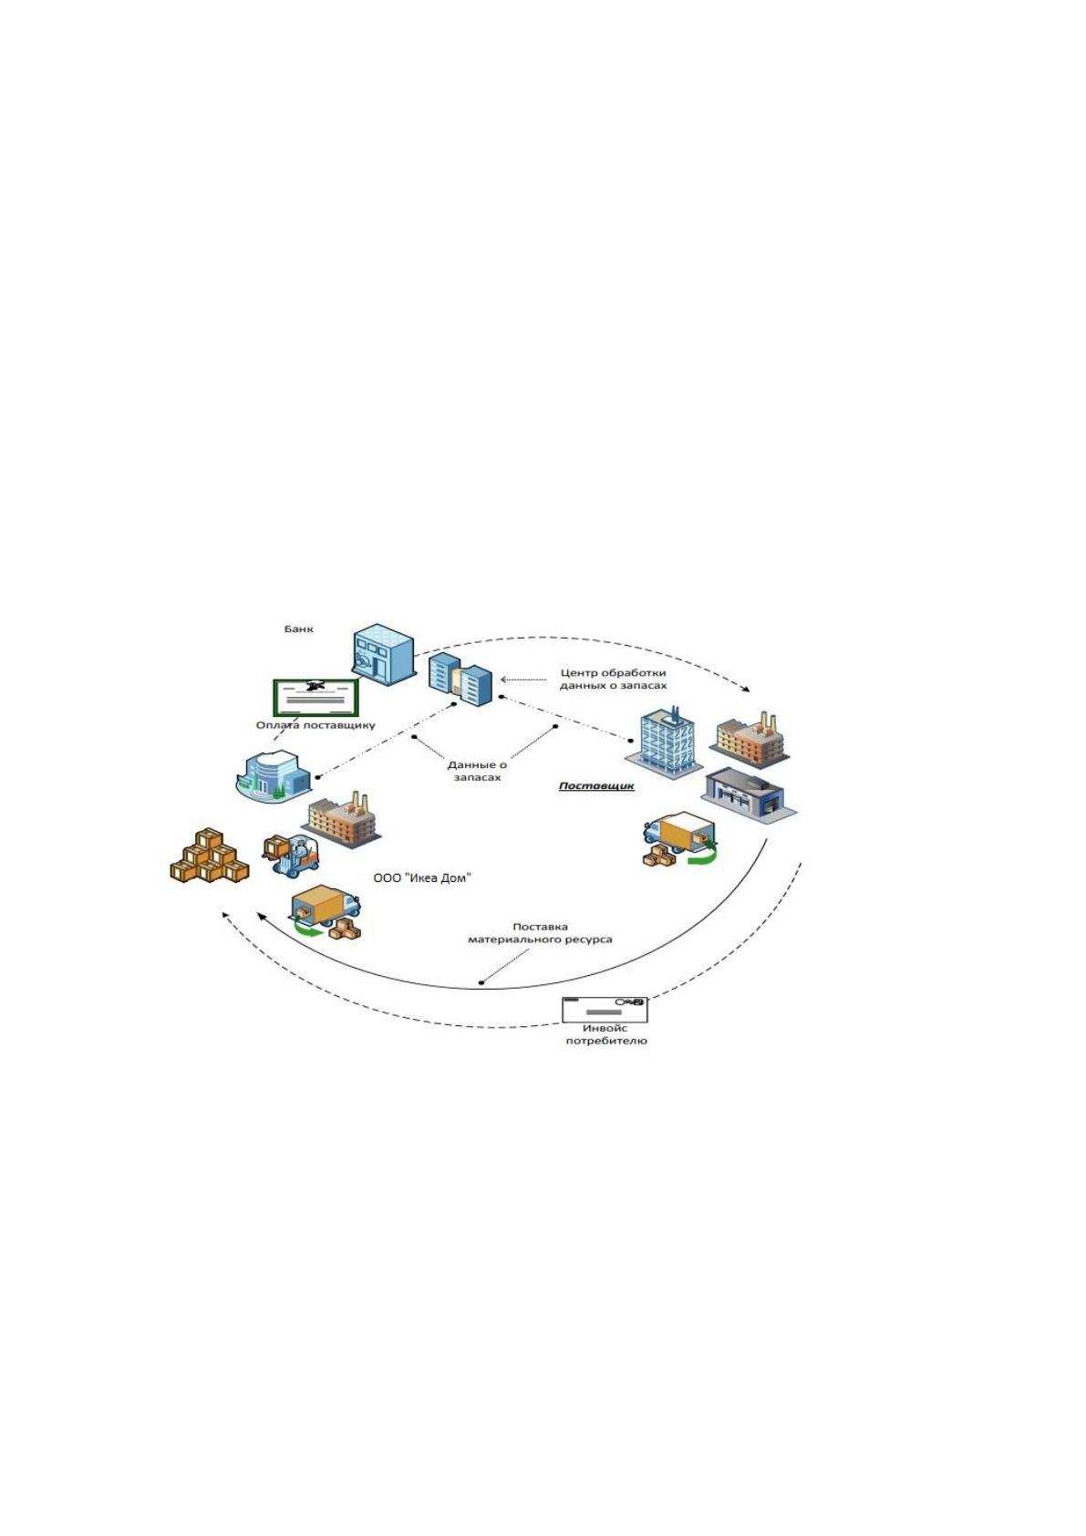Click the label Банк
pos(298,628)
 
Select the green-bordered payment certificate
pos(316,698)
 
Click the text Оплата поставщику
pos(315,725)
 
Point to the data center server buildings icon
pos(460,679)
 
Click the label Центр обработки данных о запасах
pos(613,679)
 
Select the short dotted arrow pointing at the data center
pos(522,680)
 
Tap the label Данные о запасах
pos(477,772)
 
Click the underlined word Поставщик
pos(595,786)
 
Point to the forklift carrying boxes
pos(291,855)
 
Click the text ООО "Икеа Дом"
pos(422,877)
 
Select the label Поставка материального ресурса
pos(540,933)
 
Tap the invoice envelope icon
pos(604,1010)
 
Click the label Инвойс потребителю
pos(606,1034)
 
